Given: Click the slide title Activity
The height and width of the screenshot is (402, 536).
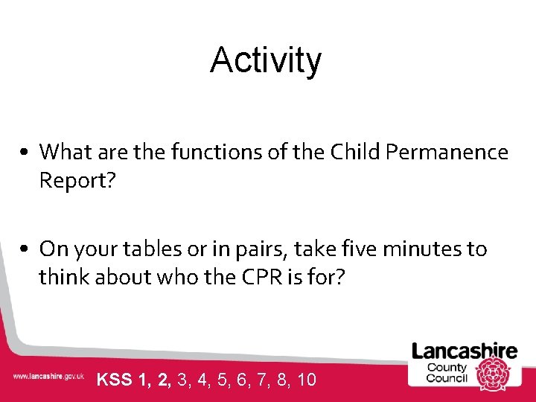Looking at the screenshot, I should [266, 60].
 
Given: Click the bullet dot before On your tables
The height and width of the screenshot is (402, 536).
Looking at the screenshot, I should [25, 249].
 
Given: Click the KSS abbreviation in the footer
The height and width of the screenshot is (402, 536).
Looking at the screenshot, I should [114, 380].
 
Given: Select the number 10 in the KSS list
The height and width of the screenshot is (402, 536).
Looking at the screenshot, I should [307, 380].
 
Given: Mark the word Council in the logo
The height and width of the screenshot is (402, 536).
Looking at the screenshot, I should [447, 377].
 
